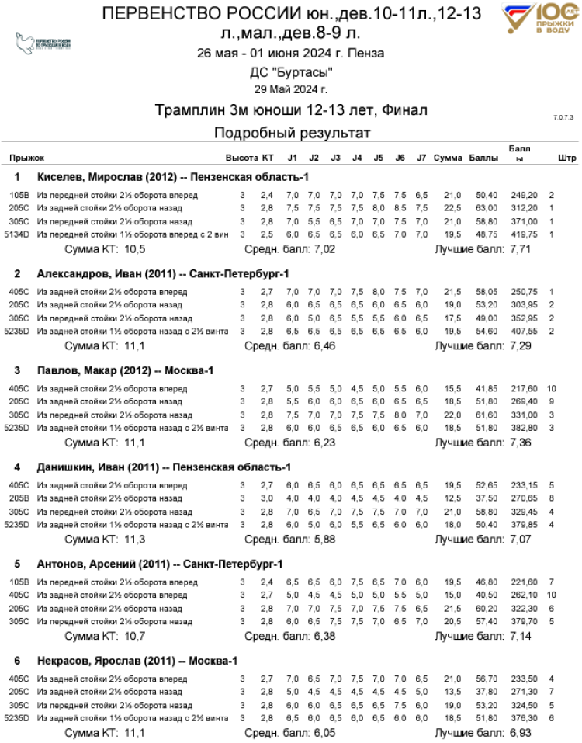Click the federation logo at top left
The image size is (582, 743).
click(x=44, y=42)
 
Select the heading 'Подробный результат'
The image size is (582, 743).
click(x=291, y=133)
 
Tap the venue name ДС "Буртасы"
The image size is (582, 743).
click(x=291, y=72)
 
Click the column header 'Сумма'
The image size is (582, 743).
click(x=448, y=158)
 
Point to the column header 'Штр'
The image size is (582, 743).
click(x=566, y=158)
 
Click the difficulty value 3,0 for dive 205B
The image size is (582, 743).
click(x=266, y=498)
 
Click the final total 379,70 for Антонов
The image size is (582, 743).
click(x=521, y=621)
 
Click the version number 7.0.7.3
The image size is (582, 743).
click(x=563, y=117)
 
